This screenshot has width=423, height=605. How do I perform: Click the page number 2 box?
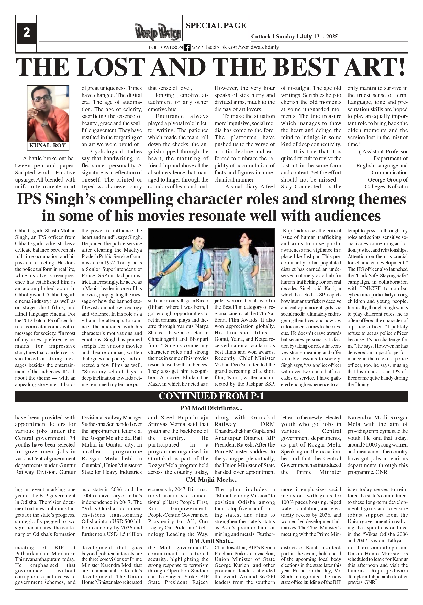[26, 33]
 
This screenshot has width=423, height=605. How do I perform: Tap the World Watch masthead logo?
[158, 33]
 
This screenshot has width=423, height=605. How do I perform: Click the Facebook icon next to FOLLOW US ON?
[187, 47]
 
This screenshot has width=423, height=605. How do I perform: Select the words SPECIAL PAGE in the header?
[216, 26]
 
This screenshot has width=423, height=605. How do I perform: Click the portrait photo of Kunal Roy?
[48, 113]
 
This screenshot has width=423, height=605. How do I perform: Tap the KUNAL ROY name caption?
[48, 146]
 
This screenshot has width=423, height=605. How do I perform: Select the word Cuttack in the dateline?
[261, 37]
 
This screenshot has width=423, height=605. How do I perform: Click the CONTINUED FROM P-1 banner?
[211, 396]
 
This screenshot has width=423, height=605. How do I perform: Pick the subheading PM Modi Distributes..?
[211, 408]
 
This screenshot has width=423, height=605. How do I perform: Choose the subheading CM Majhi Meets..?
[211, 479]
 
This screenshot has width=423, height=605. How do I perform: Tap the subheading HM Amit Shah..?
[211, 541]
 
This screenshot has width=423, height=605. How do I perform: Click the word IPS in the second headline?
[29, 199]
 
